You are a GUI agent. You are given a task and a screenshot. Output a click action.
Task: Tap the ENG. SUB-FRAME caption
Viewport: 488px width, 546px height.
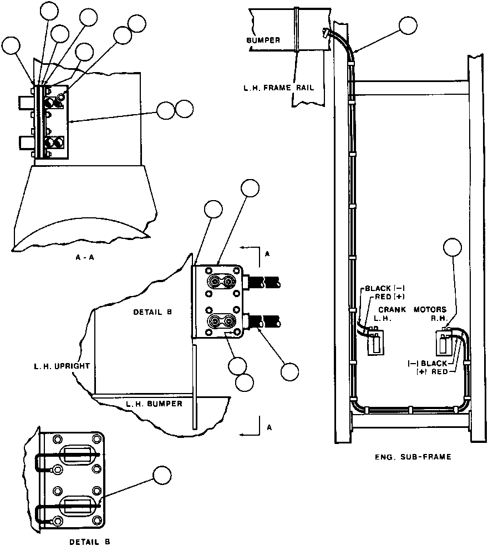tap(412, 457)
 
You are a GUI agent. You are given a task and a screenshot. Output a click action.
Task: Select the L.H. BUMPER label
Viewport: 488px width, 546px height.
tap(154, 404)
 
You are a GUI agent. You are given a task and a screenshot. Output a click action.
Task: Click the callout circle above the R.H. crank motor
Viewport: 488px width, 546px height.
tap(453, 247)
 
